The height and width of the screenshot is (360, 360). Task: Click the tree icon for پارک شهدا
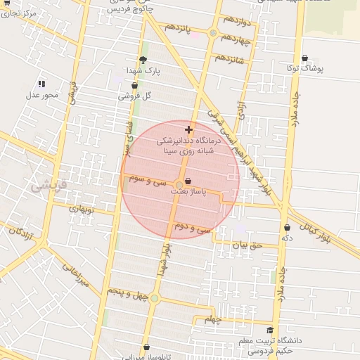coord(143,60)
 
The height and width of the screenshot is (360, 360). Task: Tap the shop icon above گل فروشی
coord(134,86)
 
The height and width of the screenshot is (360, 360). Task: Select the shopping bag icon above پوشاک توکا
coord(304,58)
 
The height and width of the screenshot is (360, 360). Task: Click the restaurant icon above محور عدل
coord(41,84)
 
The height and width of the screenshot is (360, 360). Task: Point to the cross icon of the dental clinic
coord(188,129)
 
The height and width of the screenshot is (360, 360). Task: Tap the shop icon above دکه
coord(287,227)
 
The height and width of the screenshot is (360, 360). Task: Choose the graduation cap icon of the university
coord(270,330)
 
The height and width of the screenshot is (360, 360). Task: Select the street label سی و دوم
coord(193,228)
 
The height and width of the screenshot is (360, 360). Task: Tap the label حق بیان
coord(247,245)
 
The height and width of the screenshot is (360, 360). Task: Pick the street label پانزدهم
coord(179,28)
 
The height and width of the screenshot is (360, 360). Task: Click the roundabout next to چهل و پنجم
coord(155,299)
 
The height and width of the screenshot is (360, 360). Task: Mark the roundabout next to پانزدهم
coord(213,32)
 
